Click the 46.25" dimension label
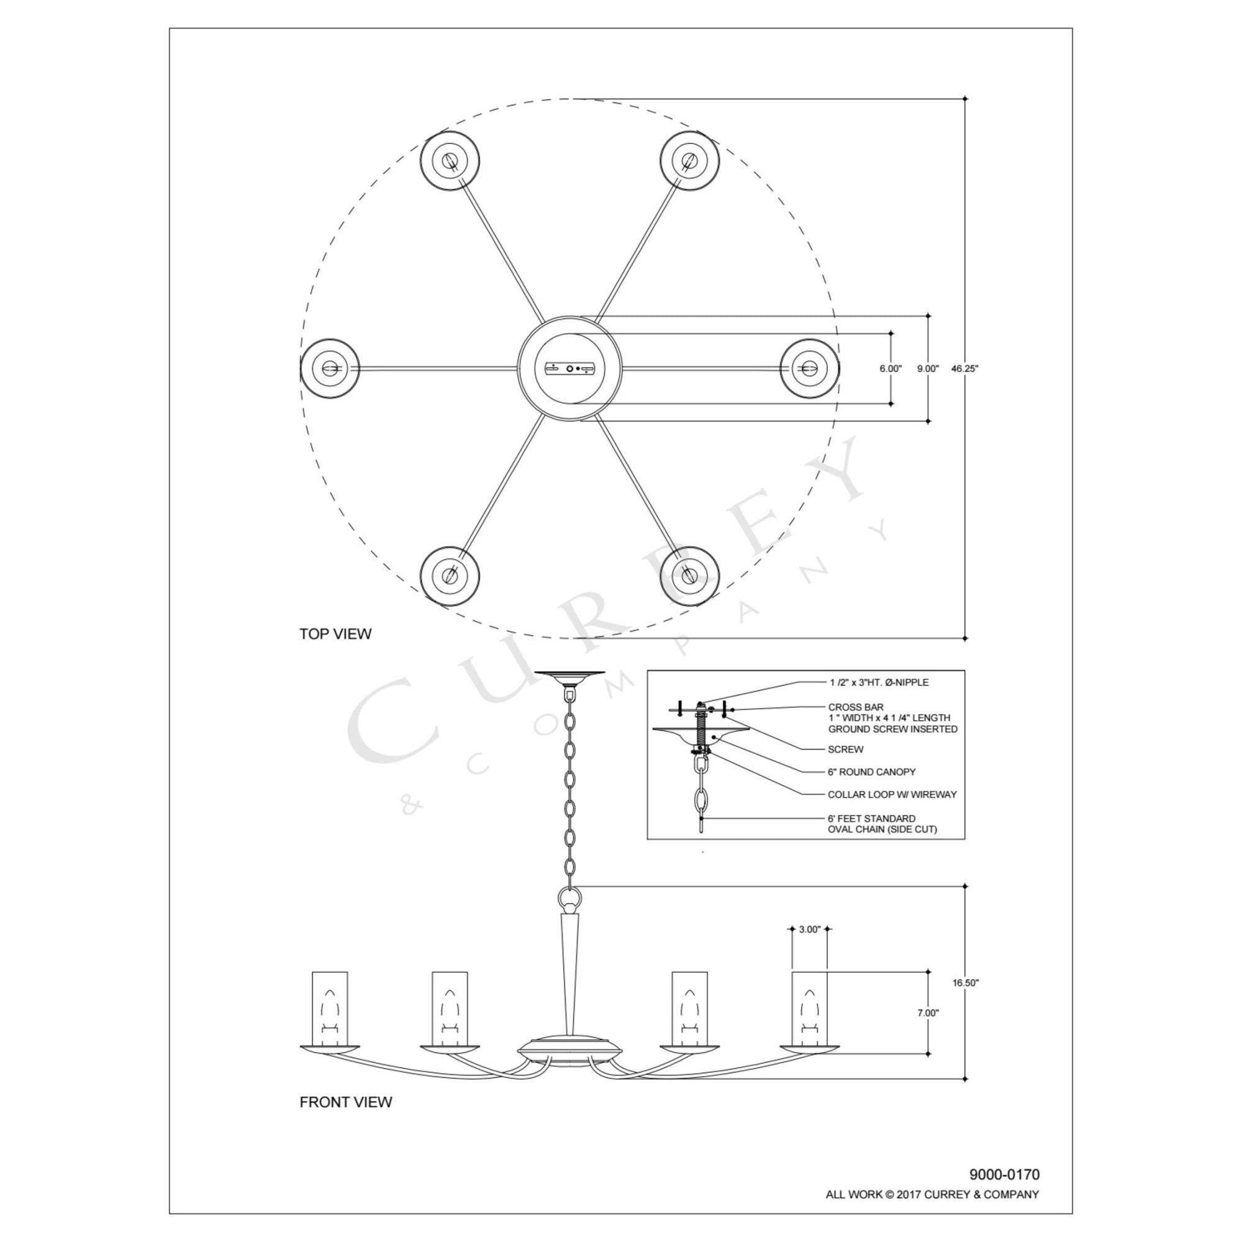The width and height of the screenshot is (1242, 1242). (x=964, y=369)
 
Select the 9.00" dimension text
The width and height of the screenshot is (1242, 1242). (x=928, y=369)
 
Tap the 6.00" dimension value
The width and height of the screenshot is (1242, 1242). (x=891, y=369)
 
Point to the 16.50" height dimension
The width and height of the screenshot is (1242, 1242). (x=965, y=983)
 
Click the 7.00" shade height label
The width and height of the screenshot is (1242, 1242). (x=928, y=1013)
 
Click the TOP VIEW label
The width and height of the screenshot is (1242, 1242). (x=335, y=634)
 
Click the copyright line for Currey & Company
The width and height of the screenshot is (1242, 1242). (x=932, y=1194)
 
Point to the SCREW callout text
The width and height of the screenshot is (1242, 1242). (x=845, y=750)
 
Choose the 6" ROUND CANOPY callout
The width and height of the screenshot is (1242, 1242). (x=871, y=772)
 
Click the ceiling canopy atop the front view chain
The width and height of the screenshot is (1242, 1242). (x=569, y=676)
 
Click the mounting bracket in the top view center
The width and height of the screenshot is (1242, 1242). (x=571, y=368)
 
